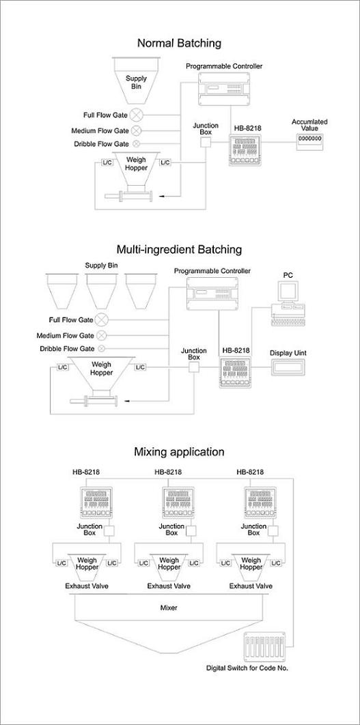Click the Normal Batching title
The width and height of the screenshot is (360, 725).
pyautogui.click(x=179, y=44)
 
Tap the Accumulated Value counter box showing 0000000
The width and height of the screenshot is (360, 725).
pyautogui.click(x=309, y=141)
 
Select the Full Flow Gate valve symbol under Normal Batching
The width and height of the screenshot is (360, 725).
pyautogui.click(x=137, y=114)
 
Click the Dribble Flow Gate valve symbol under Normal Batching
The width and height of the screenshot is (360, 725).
pyautogui.click(x=137, y=144)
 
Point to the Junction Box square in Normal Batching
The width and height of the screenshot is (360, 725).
pyautogui.click(x=206, y=143)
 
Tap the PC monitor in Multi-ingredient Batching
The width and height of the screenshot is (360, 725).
pyautogui.click(x=288, y=292)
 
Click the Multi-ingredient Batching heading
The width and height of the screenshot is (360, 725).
pyautogui.click(x=179, y=250)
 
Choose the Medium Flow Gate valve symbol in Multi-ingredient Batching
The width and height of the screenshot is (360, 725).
pyautogui.click(x=102, y=335)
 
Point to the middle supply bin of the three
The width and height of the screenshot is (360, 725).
pyautogui.click(x=102, y=291)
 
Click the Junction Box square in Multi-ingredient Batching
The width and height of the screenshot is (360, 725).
pyautogui.click(x=193, y=367)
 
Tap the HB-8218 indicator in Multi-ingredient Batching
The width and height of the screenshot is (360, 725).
pyautogui.click(x=236, y=373)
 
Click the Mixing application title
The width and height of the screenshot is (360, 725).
pyautogui.click(x=179, y=452)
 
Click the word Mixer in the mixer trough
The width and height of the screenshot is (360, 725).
pyautogui.click(x=169, y=608)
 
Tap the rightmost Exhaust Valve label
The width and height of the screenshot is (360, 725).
pyautogui.click(x=251, y=586)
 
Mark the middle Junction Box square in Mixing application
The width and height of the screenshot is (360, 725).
pyautogui.click(x=191, y=531)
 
